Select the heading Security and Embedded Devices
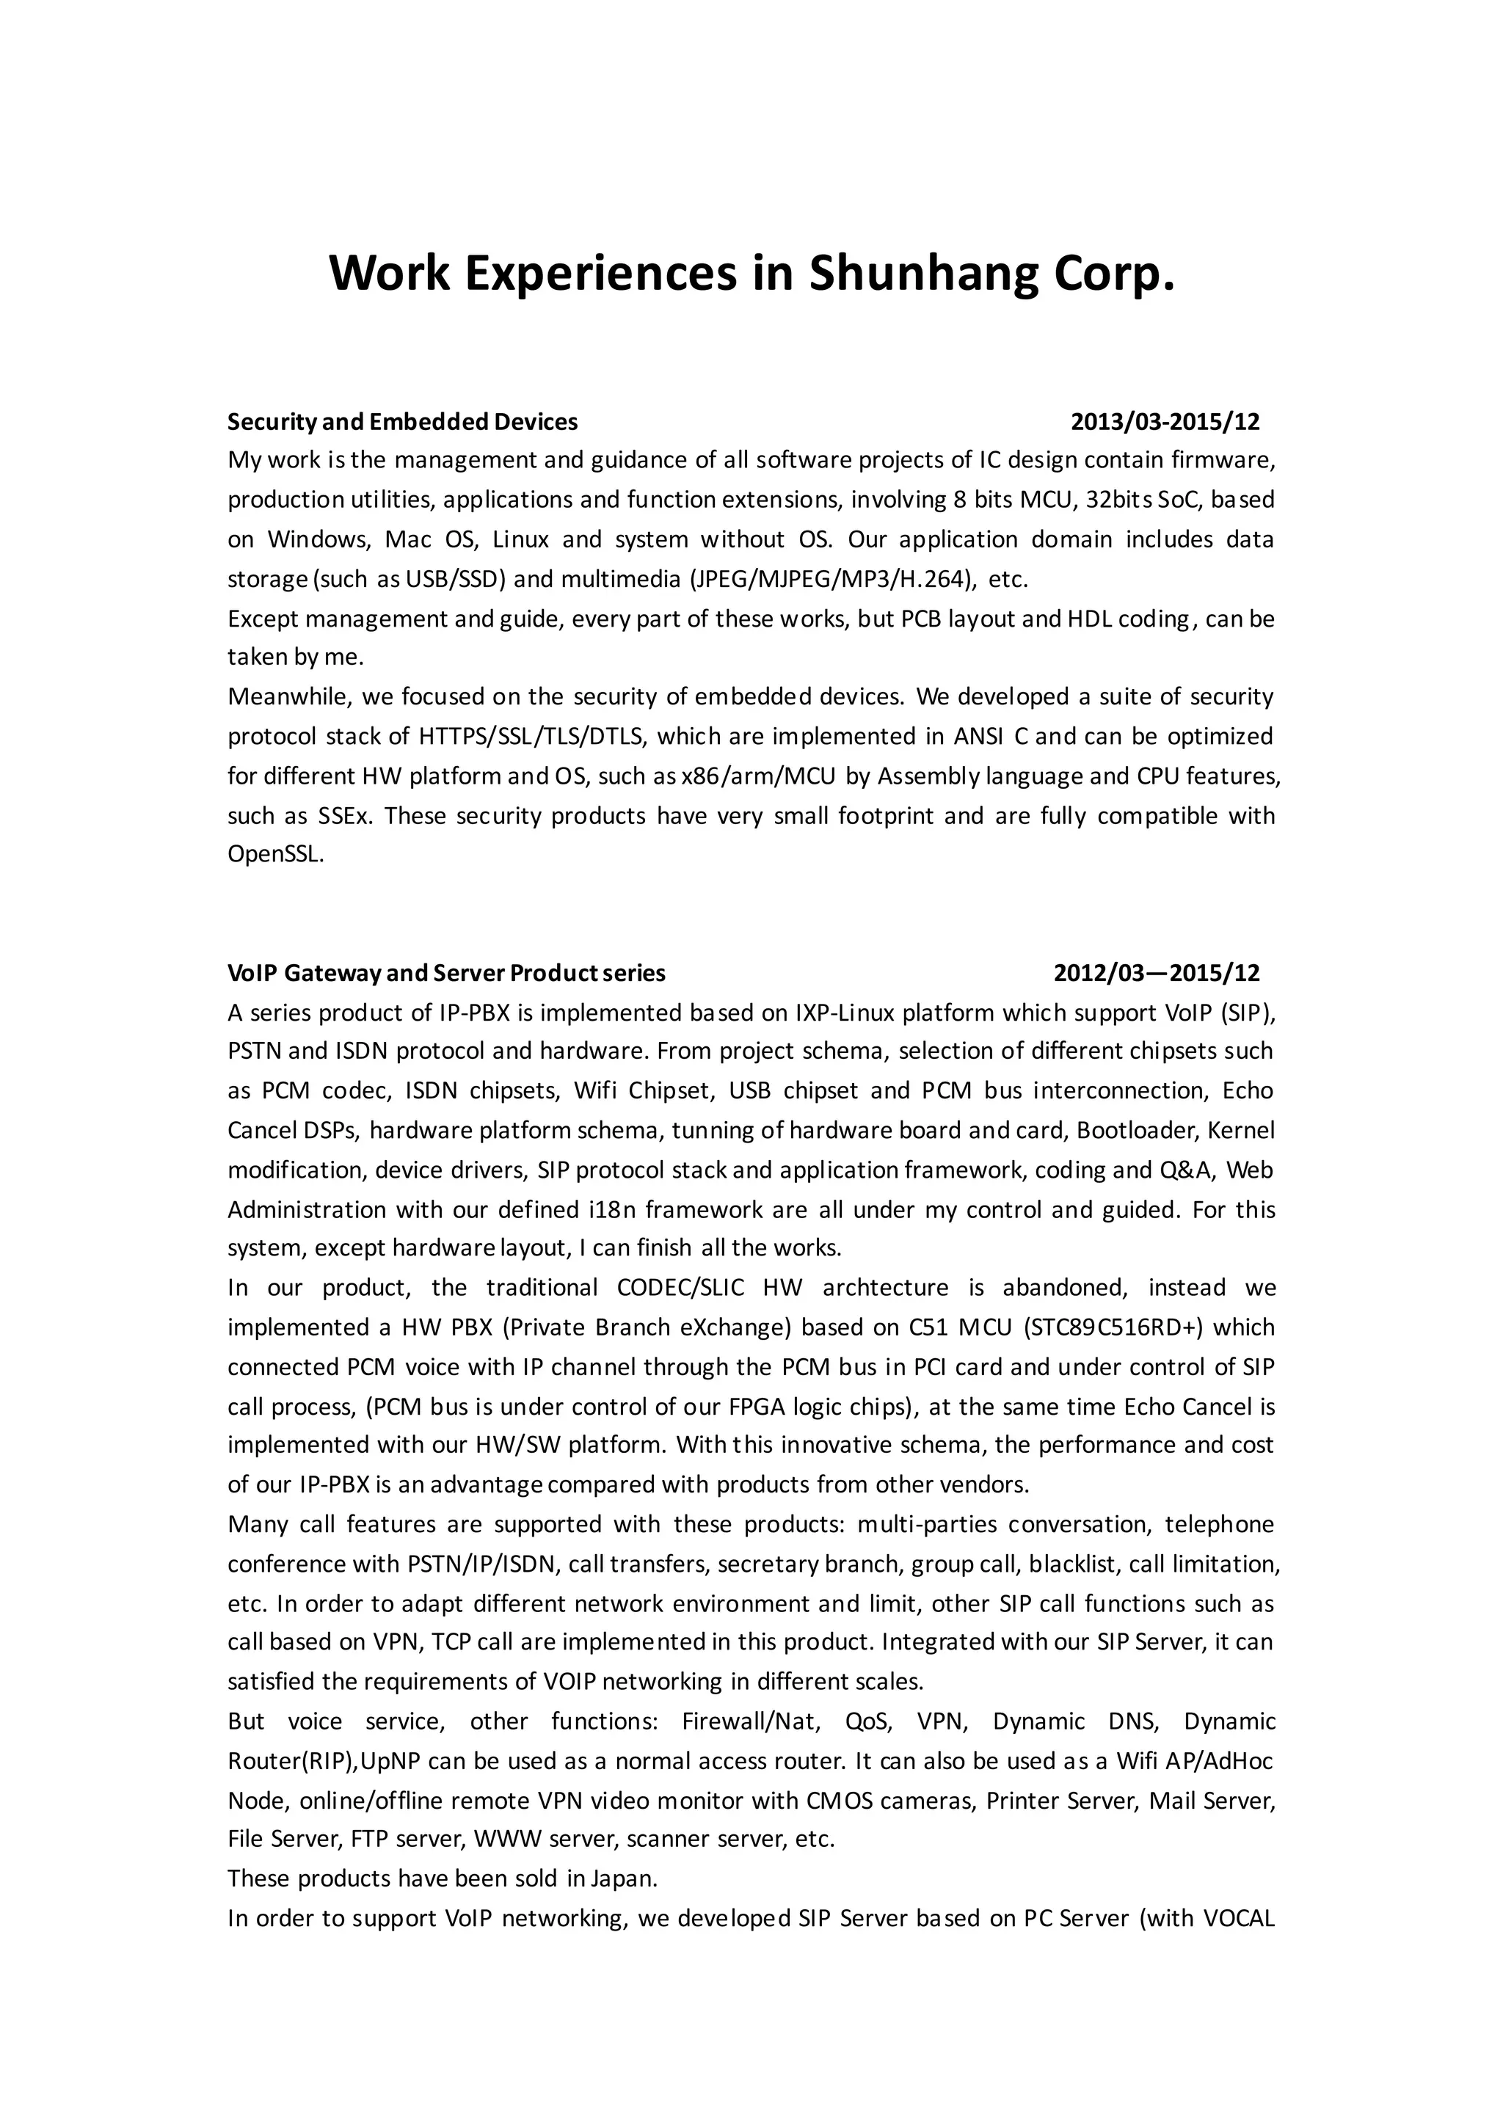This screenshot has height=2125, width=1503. click(x=403, y=422)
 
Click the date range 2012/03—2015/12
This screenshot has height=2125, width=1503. click(x=1157, y=973)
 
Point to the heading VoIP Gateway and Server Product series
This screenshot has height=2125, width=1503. click(x=446, y=973)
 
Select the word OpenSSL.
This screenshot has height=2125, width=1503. click(x=276, y=854)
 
